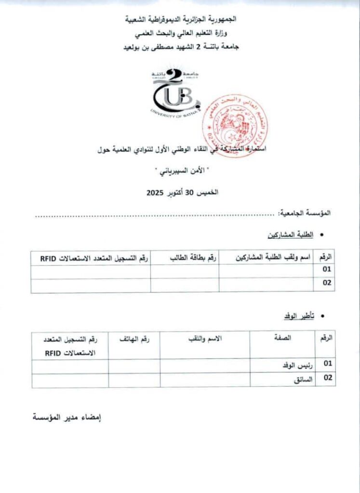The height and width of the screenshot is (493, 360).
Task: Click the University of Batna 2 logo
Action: (x=176, y=93)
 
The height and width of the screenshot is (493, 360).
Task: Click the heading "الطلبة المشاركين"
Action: (x=290, y=235)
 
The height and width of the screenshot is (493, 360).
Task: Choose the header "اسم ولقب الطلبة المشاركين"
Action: (x=272, y=258)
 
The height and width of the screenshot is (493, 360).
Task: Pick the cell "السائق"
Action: (x=303, y=380)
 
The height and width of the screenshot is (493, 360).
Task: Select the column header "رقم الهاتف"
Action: (x=134, y=339)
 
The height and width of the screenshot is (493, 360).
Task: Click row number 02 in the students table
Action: (x=327, y=284)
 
